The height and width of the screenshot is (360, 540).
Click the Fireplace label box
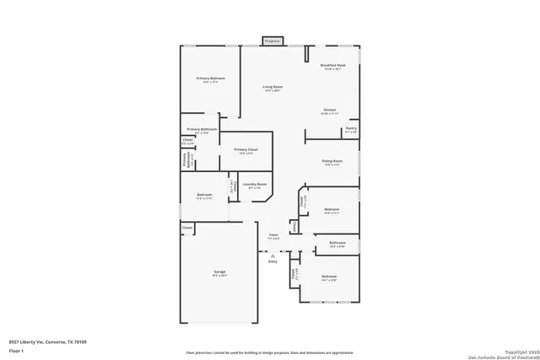click(x=273, y=40)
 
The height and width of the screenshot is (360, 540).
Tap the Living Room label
click(x=272, y=87)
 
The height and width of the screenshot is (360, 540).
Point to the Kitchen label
click(x=331, y=110)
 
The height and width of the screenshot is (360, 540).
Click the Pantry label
click(x=351, y=129)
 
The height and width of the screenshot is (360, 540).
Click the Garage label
click(x=219, y=271)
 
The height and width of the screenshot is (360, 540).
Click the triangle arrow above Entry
click(x=273, y=255)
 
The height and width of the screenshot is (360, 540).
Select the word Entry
click(x=273, y=261)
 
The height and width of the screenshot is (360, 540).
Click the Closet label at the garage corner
click(x=187, y=227)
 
